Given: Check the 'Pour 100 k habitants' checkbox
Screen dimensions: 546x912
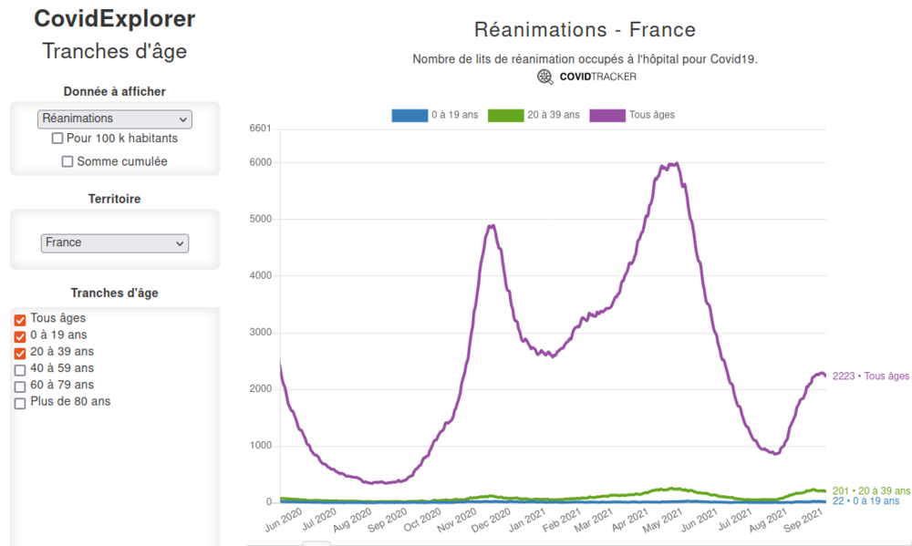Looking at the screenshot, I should (57, 139).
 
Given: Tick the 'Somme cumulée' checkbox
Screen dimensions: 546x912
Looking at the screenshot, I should (67, 162).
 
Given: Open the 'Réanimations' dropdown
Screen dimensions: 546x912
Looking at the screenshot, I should (115, 118).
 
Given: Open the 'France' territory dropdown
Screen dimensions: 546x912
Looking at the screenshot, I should (115, 243).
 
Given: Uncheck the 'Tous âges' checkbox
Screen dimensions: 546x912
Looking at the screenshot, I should (20, 320).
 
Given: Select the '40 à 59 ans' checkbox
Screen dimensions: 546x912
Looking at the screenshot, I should (20, 370).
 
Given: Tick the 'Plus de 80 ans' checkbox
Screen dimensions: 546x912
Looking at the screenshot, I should (20, 403).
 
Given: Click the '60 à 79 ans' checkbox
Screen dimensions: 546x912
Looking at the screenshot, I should (20, 386).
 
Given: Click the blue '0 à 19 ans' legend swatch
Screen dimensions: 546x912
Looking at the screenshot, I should (409, 116).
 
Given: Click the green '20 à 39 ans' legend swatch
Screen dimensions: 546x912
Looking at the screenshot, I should (505, 116).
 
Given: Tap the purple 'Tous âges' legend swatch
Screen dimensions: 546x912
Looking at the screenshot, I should (607, 116).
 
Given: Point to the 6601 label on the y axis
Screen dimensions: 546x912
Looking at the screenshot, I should (260, 129).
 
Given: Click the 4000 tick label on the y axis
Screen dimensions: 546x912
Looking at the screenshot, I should (260, 276).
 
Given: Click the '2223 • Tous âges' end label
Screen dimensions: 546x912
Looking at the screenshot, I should (870, 376).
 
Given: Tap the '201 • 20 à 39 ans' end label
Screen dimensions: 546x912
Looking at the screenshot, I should (871, 491).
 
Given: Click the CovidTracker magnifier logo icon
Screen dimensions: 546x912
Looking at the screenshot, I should (545, 77).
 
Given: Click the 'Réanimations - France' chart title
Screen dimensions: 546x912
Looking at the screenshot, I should (585, 30).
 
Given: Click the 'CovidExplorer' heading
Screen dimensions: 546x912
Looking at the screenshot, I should (115, 19).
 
